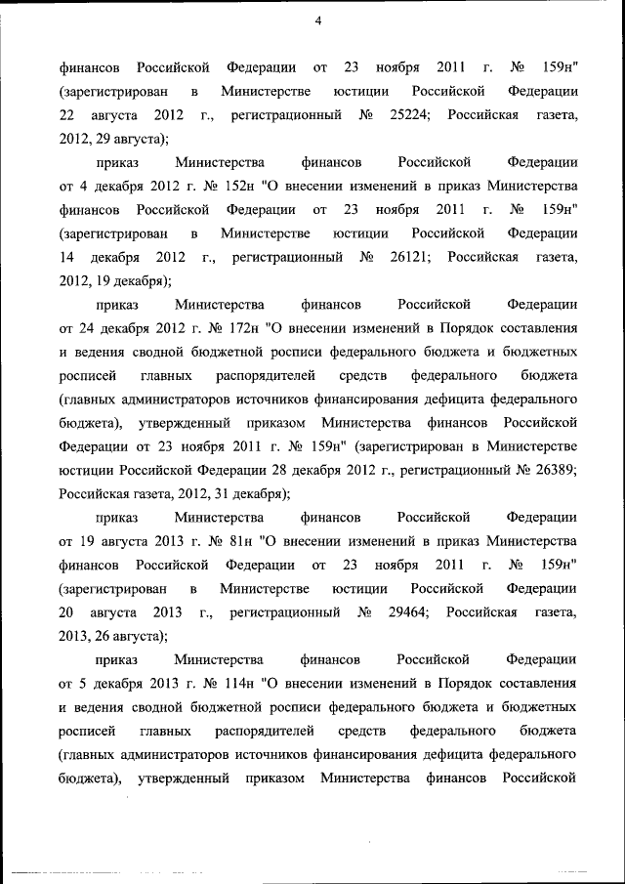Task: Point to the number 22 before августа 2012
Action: point(66,115)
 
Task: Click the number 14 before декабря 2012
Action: point(66,258)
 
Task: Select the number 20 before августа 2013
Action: point(66,612)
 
